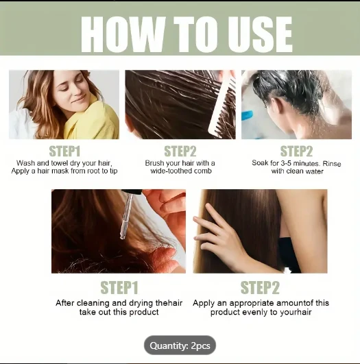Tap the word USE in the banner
point(260,34)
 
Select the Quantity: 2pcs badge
point(180,345)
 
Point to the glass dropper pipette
point(128,215)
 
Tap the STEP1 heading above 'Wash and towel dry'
point(64,151)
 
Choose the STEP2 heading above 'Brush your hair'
point(180,151)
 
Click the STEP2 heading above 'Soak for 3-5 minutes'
point(296,151)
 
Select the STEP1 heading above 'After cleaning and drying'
point(119,288)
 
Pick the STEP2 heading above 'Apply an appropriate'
point(260,288)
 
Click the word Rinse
point(332,163)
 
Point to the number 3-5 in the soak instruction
point(286,163)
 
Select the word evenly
point(254,312)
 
